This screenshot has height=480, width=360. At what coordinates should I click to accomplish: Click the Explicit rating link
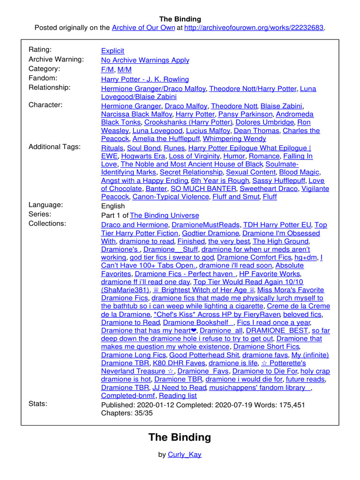112,51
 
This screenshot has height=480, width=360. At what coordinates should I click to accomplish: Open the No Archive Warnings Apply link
145,60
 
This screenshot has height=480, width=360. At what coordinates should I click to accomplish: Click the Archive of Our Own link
143,28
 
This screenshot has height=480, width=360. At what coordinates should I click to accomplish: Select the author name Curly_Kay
185,455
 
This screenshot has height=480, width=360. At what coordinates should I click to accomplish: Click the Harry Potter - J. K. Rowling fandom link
145,79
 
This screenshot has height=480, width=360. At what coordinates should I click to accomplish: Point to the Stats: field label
37,403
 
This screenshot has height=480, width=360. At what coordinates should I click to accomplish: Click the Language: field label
45,204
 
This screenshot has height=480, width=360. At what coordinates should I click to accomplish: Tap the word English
113,206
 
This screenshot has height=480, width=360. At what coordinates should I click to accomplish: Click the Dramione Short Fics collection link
266,347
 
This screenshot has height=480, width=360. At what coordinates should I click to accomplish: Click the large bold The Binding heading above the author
180,437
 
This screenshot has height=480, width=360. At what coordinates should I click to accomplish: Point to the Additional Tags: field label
54,147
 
